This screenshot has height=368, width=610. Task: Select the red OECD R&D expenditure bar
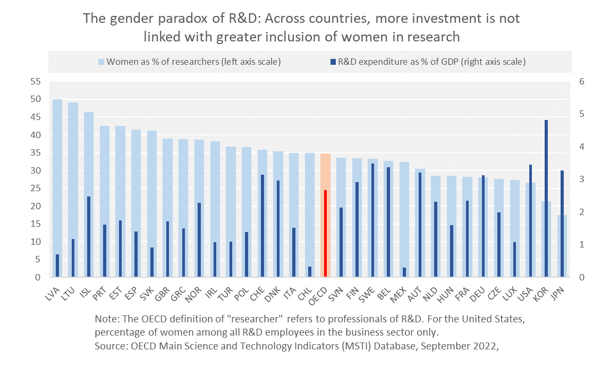pyautogui.click(x=325, y=234)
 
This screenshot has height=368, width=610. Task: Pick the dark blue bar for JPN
pyautogui.click(x=562, y=224)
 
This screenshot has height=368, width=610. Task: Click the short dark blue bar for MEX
pyautogui.click(x=404, y=272)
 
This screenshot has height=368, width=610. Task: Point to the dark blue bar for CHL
pyautogui.click(x=310, y=271)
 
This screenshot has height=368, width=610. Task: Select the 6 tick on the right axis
pyautogui.click(x=582, y=82)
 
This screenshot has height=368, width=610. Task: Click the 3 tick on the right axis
pyautogui.click(x=582, y=179)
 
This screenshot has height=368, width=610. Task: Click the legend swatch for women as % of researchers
pyautogui.click(x=101, y=62)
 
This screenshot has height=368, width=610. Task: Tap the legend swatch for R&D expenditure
pyautogui.click(x=332, y=62)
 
